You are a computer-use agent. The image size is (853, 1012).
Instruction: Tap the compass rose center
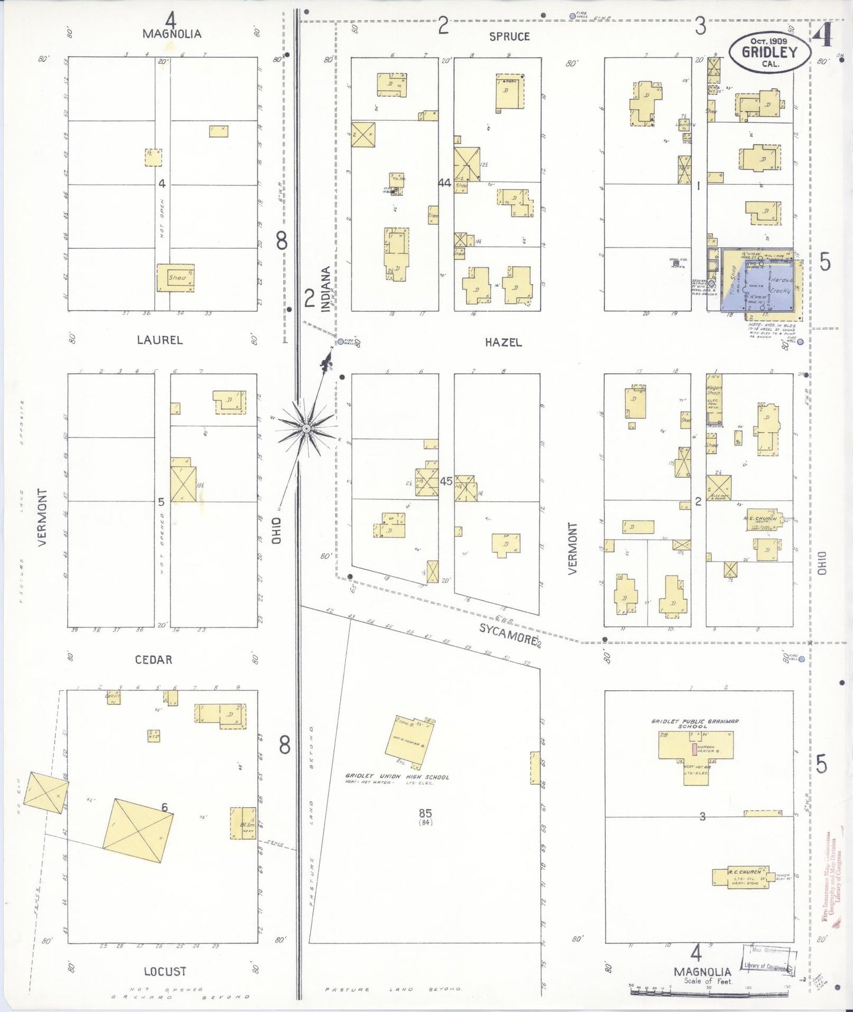click(x=306, y=427)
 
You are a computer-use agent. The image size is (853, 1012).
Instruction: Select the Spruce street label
click(x=509, y=37)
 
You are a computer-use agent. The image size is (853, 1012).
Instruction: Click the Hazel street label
click(x=503, y=342)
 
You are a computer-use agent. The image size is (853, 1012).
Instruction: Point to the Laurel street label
click(x=159, y=340)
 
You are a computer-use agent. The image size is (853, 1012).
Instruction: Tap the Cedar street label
click(x=153, y=660)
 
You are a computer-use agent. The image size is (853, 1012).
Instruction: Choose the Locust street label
click(x=165, y=971)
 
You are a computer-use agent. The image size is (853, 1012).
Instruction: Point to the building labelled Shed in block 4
click(x=175, y=278)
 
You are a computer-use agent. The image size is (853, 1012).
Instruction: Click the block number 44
click(x=445, y=184)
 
